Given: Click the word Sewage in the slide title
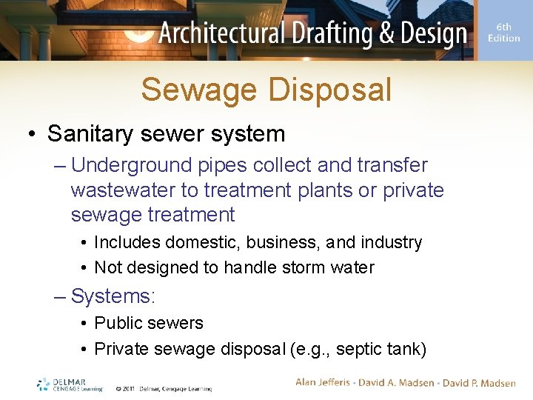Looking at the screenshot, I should point(199,90).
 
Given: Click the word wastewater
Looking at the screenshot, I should point(122,190).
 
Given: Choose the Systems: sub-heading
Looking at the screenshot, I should point(113,296).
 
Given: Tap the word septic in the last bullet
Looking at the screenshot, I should point(350,348).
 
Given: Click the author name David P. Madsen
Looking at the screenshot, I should point(479,383).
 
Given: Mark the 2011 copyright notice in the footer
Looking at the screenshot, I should point(164,388).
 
